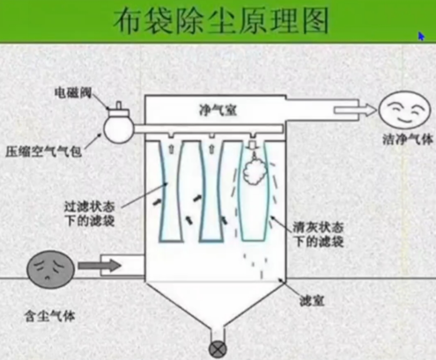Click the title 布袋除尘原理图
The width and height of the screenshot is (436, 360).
[218, 21]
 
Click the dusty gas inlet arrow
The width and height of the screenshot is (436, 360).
[100, 264]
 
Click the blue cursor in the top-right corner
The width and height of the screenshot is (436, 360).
[422, 36]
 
